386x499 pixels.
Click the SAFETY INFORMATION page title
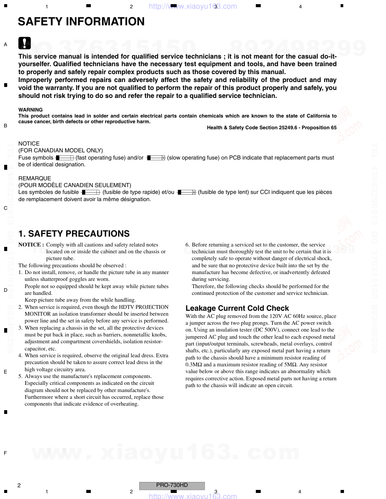(x=81, y=22)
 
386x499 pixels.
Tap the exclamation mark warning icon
(x=25, y=43)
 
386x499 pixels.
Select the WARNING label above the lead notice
(x=31, y=110)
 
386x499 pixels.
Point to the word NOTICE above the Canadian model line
(x=29, y=144)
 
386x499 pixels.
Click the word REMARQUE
(x=34, y=178)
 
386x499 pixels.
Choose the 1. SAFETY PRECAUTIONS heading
(x=74, y=234)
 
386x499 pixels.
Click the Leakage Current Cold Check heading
(x=237, y=308)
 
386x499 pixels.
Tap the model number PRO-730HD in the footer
(x=172, y=485)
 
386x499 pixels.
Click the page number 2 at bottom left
(x=19, y=485)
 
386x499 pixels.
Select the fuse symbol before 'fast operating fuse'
(x=65, y=158)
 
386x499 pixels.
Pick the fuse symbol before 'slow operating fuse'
(x=156, y=158)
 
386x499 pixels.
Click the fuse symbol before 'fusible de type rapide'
(x=90, y=192)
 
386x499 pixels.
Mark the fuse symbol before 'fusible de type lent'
(x=187, y=192)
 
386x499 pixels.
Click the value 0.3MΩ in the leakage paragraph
(x=194, y=365)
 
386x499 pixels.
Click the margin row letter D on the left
(x=5, y=290)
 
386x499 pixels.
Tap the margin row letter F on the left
(x=5, y=453)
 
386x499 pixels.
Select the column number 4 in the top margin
(x=300, y=7)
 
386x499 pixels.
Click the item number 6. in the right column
(x=188, y=245)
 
